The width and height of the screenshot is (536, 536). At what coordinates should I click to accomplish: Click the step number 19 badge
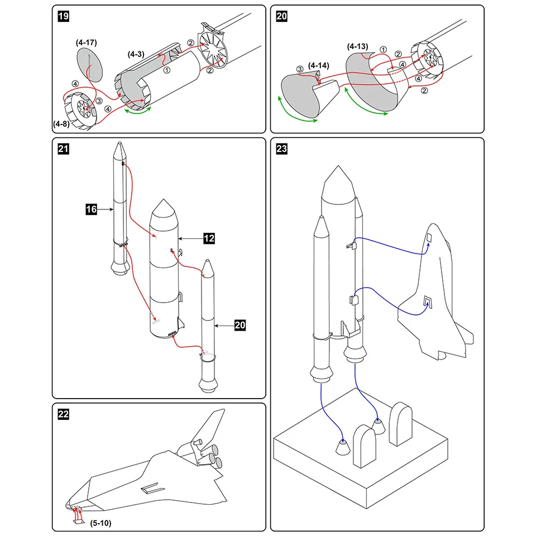(64, 17)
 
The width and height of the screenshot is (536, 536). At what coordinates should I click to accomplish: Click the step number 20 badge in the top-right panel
(282, 17)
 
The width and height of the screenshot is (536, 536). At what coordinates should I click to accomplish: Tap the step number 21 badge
(64, 149)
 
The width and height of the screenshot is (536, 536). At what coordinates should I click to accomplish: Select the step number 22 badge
(64, 414)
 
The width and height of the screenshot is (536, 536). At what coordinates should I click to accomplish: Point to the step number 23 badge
(282, 149)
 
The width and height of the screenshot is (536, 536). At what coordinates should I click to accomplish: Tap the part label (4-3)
(136, 54)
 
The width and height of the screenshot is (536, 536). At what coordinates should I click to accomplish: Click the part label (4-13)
(357, 46)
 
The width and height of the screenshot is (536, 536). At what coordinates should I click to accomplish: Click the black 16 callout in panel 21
(92, 209)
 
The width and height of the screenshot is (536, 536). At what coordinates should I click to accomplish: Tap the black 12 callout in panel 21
(209, 238)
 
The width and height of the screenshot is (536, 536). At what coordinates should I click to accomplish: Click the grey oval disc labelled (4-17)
(90, 65)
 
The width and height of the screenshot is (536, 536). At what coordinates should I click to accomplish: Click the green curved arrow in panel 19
(137, 112)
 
